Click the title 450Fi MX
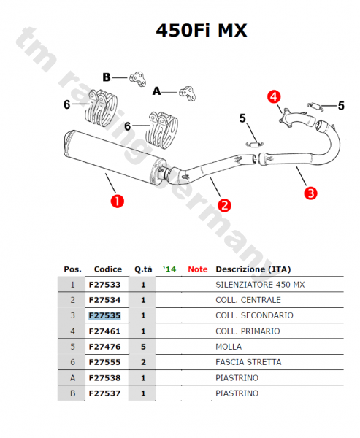click(202, 31)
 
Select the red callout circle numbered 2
click(225, 205)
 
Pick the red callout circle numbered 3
click(310, 193)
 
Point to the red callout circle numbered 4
click(273, 96)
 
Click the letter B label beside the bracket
click(107, 77)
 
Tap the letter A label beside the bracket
click(156, 91)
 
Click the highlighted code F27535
click(104, 315)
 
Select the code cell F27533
click(104, 284)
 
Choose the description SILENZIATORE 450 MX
click(260, 284)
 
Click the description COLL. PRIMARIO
click(248, 331)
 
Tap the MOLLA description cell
click(229, 346)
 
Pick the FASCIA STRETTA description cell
click(248, 362)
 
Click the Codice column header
click(108, 269)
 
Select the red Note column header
click(197, 269)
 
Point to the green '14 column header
click(169, 269)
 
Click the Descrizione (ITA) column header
click(253, 269)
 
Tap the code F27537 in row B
click(104, 393)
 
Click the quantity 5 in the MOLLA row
click(143, 346)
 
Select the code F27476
click(104, 346)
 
